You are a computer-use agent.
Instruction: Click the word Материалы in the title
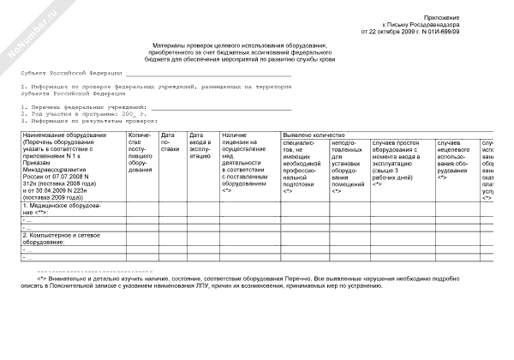pos(167,45)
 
